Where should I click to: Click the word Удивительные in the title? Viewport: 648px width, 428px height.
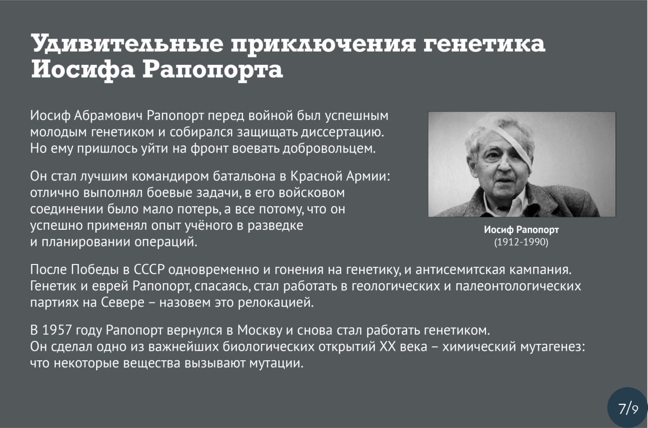pos(127,44)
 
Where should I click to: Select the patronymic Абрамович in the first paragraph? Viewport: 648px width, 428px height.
pos(108,115)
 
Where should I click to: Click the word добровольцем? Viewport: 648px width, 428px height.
pos(329,148)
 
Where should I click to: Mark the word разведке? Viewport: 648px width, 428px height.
pos(275,225)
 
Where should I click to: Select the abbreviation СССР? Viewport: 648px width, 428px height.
pos(149,270)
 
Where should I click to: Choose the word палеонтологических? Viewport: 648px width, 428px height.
pos(518,286)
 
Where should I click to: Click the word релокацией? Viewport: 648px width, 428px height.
pos(276,303)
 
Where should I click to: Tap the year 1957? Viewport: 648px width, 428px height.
pos(57,330)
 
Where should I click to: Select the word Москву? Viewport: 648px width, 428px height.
pos(260,330)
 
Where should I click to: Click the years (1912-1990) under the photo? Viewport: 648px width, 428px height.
pos(521,242)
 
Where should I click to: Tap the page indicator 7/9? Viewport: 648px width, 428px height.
pos(628,409)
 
